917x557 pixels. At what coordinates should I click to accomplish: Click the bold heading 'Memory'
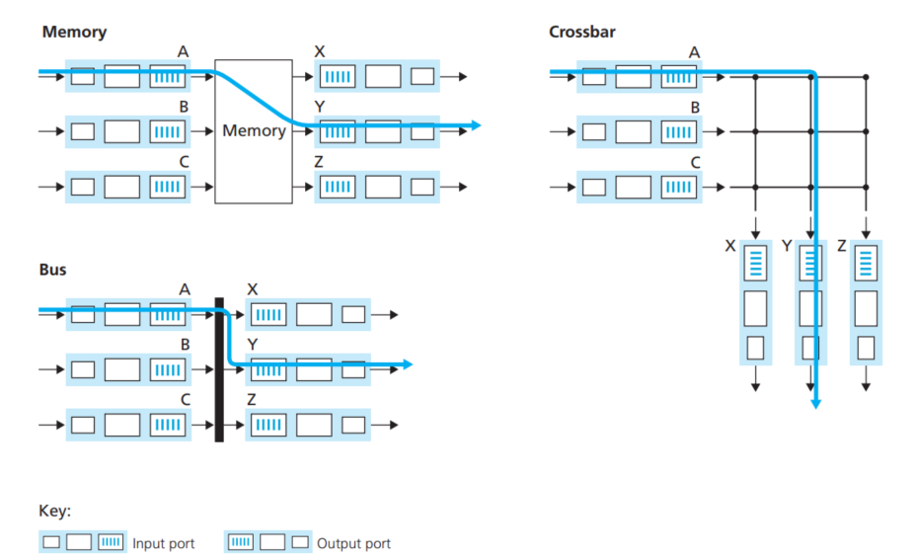74,32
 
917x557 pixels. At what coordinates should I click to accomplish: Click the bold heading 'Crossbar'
582,32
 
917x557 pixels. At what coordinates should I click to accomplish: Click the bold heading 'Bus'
53,269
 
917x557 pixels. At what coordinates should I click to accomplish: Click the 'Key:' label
55,512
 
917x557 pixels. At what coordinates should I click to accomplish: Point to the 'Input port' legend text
164,543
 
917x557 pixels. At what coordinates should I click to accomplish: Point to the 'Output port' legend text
353,543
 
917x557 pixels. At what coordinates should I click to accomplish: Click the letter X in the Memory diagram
319,50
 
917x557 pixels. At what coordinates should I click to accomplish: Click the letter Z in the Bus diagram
252,399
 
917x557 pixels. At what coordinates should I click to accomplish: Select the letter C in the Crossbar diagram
694,162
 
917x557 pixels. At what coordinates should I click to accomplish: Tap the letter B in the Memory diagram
184,106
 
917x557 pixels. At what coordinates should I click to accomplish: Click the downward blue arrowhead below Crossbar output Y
815,403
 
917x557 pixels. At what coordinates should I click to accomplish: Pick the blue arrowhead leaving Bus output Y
407,364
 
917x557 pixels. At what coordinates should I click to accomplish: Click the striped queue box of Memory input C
166,186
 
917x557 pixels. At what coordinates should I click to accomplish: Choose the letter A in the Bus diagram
184,289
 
